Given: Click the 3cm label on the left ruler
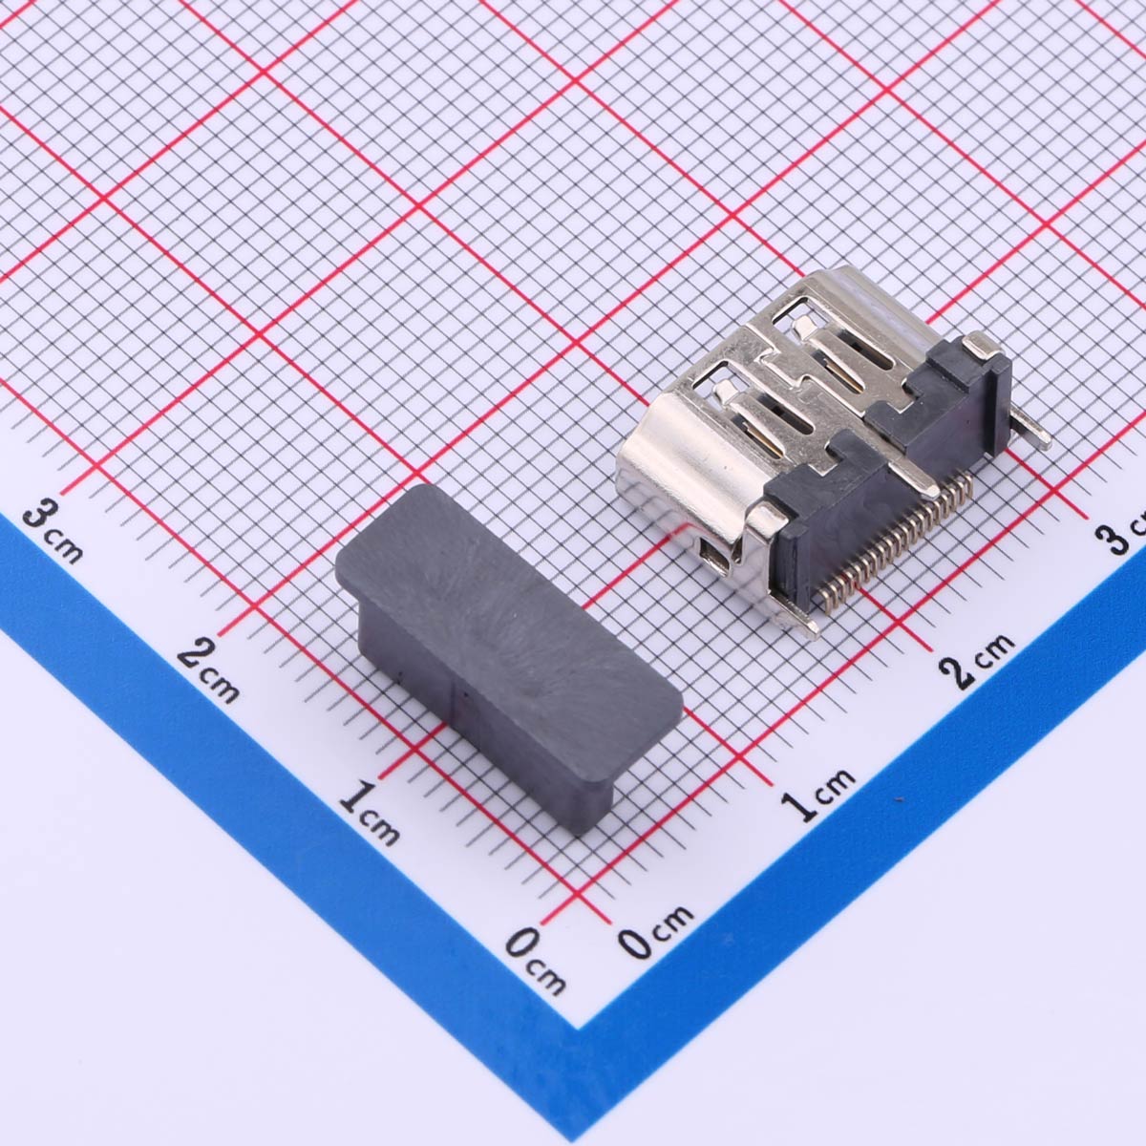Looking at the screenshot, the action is coord(53,531).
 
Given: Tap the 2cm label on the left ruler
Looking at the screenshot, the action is coord(209,670).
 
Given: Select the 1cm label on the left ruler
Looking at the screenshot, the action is coord(369,813).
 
